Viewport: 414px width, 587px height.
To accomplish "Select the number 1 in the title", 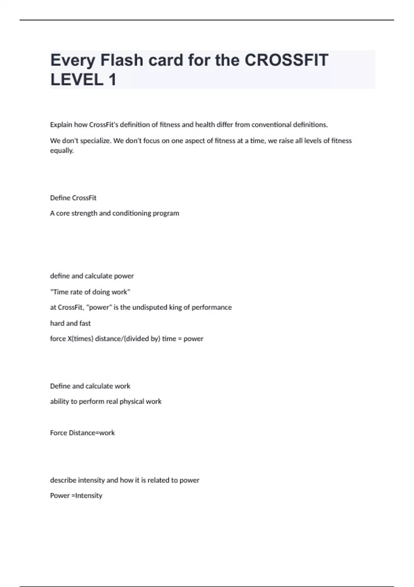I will [x=112, y=80].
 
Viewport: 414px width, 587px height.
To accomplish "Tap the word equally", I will [x=62, y=151].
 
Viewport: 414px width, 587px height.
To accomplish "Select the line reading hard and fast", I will [x=70, y=323].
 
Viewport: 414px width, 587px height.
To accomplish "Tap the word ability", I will [x=59, y=402].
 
